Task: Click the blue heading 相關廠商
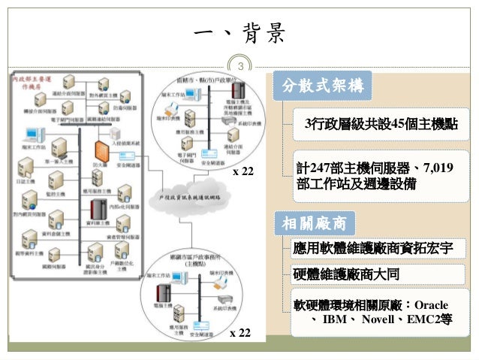click(x=314, y=223)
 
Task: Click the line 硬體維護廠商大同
click(x=348, y=273)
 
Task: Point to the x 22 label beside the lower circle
click(x=239, y=332)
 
